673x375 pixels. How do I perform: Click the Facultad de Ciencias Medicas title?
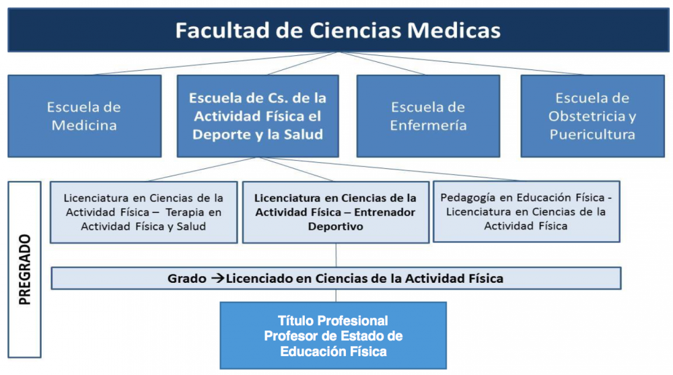(338, 30)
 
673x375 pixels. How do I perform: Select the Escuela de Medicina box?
(85, 116)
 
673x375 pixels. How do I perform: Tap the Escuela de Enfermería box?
(428, 116)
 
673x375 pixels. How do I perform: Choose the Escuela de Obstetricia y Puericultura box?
(593, 116)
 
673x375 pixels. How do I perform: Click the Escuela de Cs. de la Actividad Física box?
(258, 116)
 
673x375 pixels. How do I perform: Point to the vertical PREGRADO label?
(25, 269)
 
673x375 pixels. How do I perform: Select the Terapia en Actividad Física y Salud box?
(144, 212)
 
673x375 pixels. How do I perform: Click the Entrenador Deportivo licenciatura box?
(336, 212)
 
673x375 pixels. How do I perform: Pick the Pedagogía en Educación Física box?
(527, 212)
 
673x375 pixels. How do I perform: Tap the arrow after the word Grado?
(217, 278)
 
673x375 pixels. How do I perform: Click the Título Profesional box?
(334, 335)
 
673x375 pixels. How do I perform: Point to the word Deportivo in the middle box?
(336, 226)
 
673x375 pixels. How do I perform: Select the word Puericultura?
(592, 135)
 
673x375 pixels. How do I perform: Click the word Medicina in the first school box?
(84, 125)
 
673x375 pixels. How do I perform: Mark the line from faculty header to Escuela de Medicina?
(215, 63)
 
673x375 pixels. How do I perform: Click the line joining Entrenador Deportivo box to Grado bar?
(336, 255)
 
